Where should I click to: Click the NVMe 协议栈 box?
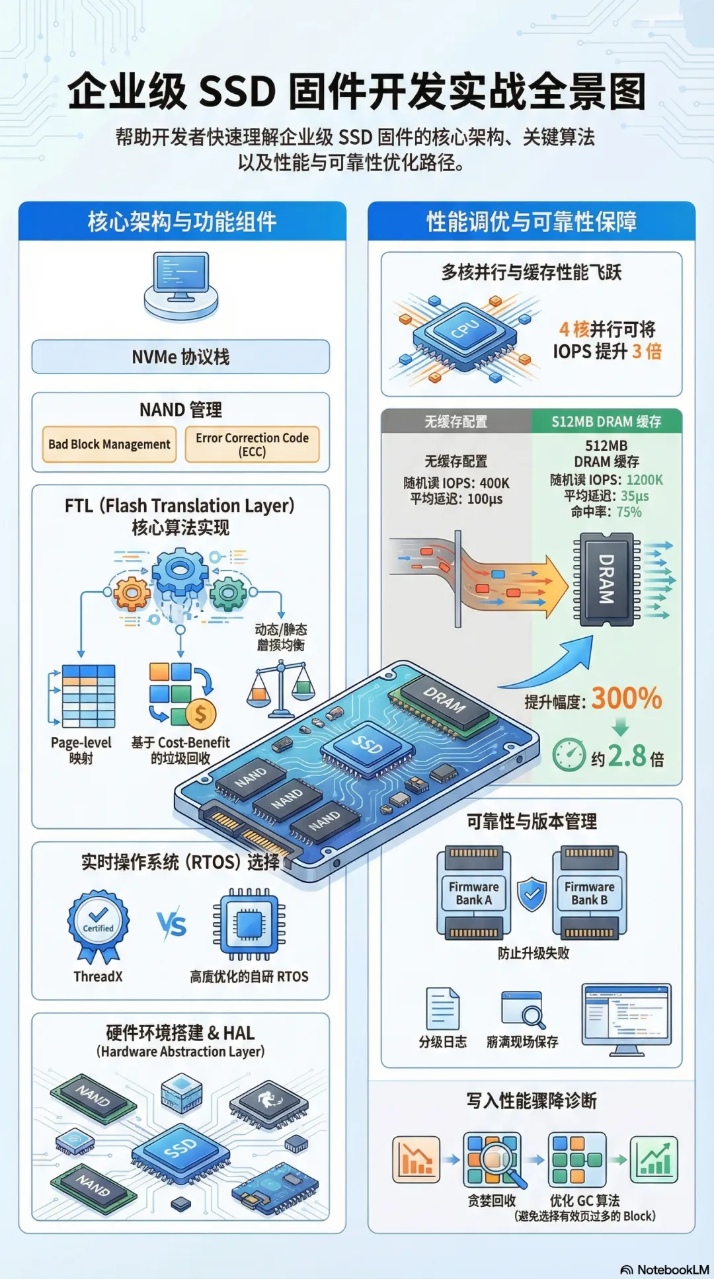tap(180, 357)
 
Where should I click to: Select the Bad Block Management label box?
tap(109, 444)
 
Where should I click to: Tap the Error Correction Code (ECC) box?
tap(252, 444)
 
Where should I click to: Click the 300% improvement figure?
tap(626, 698)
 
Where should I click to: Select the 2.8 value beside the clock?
tap(627, 756)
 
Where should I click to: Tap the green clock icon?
tap(569, 754)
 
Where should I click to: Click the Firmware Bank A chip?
tap(473, 892)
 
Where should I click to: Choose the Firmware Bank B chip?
tap(589, 892)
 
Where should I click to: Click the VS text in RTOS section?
tap(172, 924)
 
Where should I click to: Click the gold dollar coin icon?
tap(200, 713)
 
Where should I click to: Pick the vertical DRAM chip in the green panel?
tap(606, 578)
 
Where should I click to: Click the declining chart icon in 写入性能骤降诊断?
tap(416, 1159)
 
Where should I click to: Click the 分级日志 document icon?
tap(442, 1008)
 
